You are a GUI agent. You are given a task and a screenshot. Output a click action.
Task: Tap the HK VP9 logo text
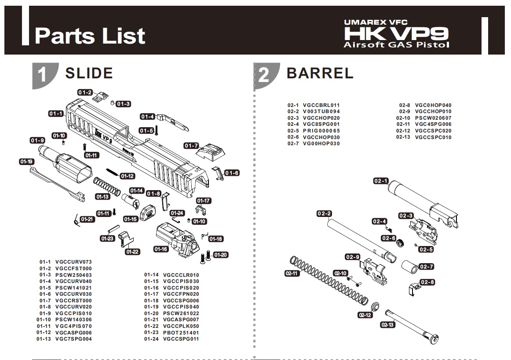396,33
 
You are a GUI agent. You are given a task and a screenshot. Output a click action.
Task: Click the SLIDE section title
89,73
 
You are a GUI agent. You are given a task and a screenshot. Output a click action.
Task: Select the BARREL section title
320,73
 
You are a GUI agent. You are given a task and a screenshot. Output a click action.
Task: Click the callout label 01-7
191,145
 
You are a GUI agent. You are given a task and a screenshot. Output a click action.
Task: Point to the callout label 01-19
26,162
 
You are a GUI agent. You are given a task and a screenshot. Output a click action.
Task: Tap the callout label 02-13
387,324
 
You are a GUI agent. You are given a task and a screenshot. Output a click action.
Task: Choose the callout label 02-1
381,180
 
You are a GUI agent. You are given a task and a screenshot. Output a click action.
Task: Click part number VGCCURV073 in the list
73,262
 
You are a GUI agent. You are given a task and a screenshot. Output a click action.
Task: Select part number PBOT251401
181,333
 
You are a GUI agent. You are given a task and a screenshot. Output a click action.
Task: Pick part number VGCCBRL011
321,105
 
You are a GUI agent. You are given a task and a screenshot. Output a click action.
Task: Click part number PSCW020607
433,118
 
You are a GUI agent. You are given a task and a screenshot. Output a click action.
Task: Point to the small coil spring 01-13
106,187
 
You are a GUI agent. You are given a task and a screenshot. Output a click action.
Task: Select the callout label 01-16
161,249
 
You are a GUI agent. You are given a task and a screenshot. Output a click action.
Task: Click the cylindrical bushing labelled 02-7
410,266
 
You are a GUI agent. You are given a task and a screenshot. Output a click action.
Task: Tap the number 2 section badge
265,75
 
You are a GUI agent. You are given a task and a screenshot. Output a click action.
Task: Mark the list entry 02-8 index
405,105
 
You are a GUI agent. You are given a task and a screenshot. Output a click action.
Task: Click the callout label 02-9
353,257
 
